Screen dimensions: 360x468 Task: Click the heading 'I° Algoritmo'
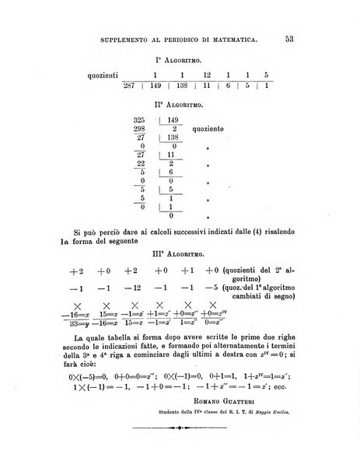click(x=180, y=59)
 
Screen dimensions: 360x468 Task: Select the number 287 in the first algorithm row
click(x=132, y=86)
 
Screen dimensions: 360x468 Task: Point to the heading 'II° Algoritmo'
click(x=180, y=102)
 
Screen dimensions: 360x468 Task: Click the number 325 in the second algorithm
click(x=140, y=120)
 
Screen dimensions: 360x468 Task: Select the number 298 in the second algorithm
click(x=140, y=129)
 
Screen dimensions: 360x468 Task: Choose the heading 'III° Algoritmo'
click(x=180, y=253)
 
